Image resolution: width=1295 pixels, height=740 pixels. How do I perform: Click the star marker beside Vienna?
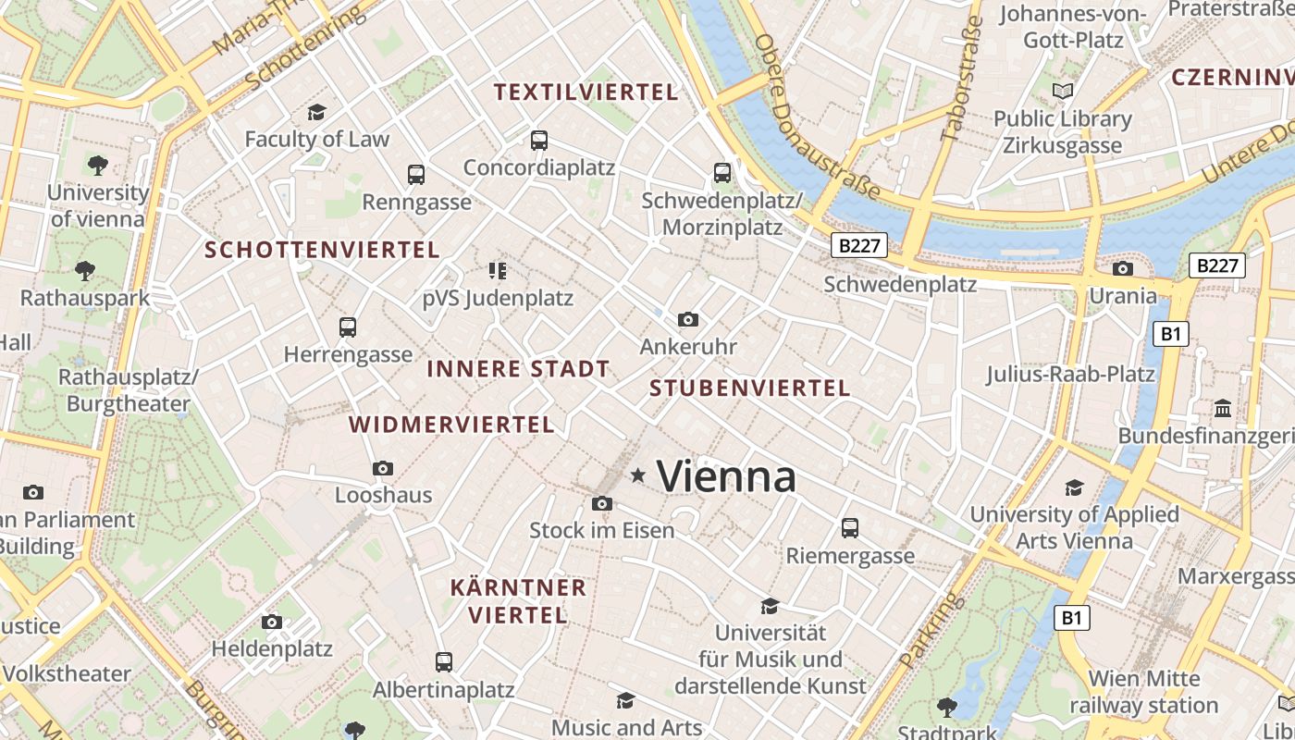point(637,475)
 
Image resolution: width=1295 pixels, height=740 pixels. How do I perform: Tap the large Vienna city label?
point(726,477)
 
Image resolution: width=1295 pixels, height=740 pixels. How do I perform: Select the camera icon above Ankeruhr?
point(687,319)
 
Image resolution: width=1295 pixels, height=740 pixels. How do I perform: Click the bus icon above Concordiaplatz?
point(539,141)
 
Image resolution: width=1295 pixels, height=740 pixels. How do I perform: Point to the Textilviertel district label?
point(586,92)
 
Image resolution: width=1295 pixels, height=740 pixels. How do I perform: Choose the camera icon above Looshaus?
point(383,468)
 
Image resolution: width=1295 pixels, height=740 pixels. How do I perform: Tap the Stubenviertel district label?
point(749,388)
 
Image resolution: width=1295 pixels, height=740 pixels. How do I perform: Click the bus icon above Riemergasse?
point(850,528)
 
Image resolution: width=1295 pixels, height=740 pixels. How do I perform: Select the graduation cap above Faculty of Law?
point(317,112)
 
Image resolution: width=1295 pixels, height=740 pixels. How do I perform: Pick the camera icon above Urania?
point(1123,268)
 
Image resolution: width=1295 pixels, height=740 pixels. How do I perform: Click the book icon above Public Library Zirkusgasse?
point(1063,91)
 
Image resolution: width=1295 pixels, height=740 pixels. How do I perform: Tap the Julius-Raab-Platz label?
point(1070,375)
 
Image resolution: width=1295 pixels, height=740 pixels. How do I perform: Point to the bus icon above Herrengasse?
point(348,327)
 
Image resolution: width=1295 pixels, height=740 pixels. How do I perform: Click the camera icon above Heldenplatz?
point(272,622)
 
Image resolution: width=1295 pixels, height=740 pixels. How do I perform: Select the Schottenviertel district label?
point(322,250)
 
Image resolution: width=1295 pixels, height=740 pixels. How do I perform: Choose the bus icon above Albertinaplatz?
point(444,662)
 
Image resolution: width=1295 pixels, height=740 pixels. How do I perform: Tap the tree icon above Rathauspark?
point(85,270)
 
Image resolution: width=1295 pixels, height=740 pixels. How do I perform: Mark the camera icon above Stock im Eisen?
point(601,503)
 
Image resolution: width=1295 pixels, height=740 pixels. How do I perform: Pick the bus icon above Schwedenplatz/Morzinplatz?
point(721,172)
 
